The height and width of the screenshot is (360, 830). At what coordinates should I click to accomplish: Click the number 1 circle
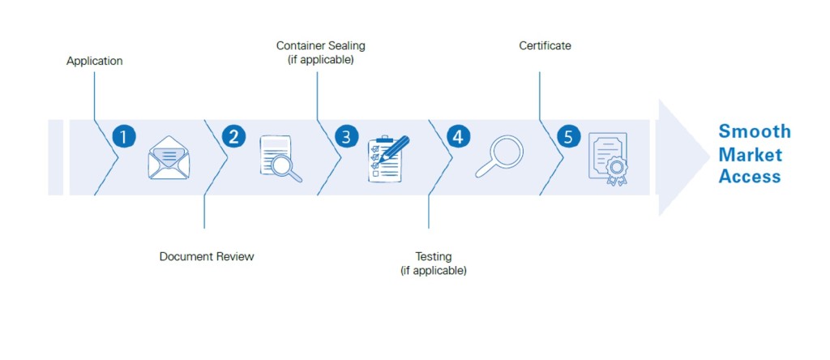(123, 136)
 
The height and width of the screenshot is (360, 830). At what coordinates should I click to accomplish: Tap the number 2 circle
(233, 136)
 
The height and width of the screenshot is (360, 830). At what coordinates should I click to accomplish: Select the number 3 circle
(345, 136)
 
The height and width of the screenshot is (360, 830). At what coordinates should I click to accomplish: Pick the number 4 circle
(458, 136)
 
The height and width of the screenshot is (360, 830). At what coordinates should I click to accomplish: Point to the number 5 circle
(568, 136)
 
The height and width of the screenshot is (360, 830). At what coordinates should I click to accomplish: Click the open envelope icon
(169, 157)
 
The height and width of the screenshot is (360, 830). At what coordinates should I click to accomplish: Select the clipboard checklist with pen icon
(388, 158)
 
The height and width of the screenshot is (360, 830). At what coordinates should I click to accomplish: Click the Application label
(95, 61)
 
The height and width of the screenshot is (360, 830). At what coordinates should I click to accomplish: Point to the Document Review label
(207, 256)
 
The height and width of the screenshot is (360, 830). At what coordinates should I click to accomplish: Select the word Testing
(434, 256)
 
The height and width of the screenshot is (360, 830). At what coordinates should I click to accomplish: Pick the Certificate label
(545, 45)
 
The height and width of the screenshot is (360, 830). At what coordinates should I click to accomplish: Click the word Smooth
(755, 131)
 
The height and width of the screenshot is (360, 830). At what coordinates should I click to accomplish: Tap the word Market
(751, 154)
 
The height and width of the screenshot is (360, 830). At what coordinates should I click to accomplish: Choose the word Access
(750, 176)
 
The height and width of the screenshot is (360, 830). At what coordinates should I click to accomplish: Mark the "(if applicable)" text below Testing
(434, 270)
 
